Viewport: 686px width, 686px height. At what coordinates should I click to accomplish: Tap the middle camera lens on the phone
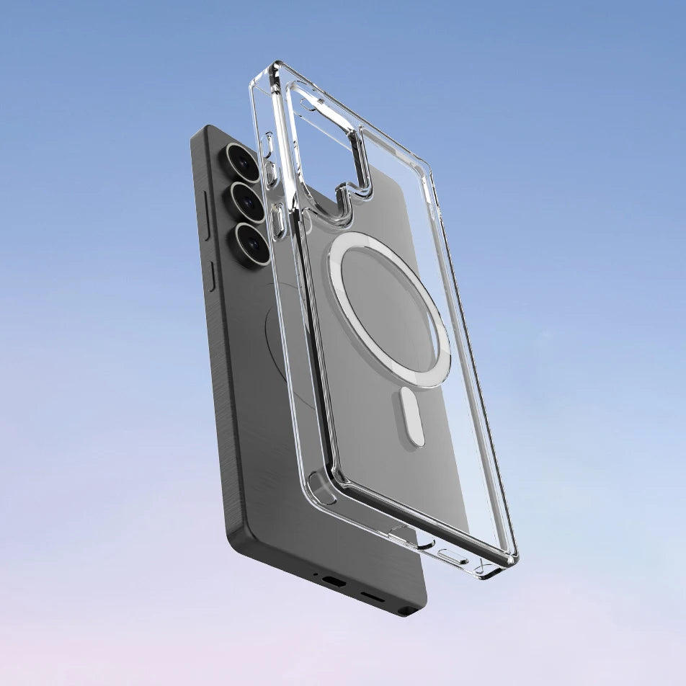(246, 202)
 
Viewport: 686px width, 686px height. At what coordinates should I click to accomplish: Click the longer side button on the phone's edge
(205, 215)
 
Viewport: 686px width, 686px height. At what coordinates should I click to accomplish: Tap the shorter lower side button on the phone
(211, 277)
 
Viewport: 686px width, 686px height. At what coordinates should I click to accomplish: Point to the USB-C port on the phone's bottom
(334, 581)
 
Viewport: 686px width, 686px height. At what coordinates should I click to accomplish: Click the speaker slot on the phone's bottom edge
(372, 597)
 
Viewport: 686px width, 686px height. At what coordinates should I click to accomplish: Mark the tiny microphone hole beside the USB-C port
(315, 575)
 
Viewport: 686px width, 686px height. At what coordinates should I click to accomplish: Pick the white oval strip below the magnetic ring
(412, 418)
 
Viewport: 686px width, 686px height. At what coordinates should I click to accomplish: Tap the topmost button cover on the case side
(267, 144)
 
